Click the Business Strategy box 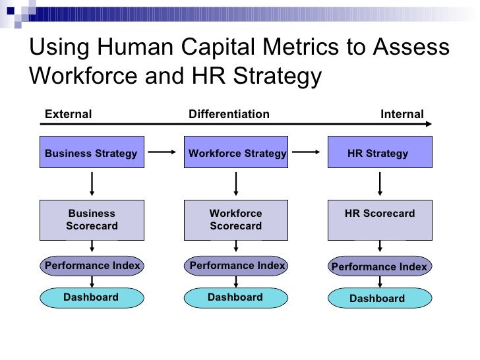point(92,153)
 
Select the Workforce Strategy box point(236,153)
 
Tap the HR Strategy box point(380,153)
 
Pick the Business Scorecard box point(92,220)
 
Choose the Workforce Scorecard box point(236,220)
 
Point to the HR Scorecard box point(380,220)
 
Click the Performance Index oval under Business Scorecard point(92,266)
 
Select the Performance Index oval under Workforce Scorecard point(237,266)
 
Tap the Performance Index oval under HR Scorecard point(380,267)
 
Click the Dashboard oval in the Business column point(92,297)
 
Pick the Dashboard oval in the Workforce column point(235,297)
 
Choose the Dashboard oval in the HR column point(378,299)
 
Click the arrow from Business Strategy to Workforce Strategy point(162,152)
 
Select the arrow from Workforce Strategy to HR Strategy point(307,152)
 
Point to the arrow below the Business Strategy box point(92,184)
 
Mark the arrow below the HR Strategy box point(380,184)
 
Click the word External point(68,114)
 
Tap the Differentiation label point(229,114)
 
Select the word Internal point(402,114)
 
